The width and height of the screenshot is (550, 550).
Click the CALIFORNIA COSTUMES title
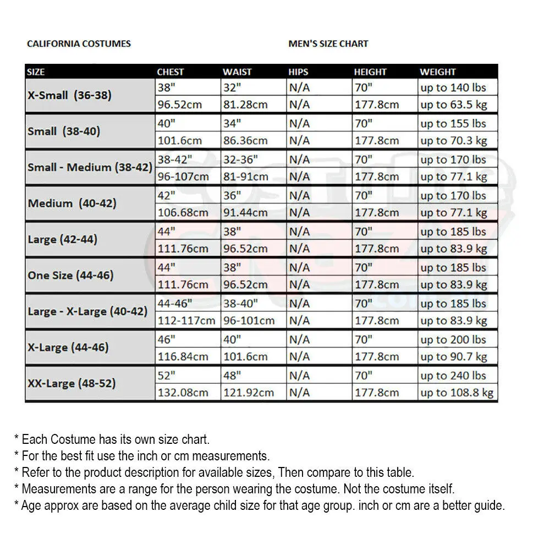(79, 43)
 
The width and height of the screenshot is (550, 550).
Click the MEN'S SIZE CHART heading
(328, 43)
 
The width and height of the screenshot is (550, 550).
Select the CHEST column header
(170, 72)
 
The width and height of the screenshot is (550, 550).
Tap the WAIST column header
(237, 72)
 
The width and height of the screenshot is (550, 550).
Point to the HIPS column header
(299, 72)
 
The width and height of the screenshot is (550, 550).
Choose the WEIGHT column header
(438, 72)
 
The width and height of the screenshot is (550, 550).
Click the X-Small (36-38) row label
(70, 95)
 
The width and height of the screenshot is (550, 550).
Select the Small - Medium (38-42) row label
(90, 167)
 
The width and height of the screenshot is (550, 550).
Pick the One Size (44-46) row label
(71, 276)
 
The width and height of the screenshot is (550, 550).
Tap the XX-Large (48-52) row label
(72, 383)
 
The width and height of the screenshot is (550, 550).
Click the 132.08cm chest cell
(183, 393)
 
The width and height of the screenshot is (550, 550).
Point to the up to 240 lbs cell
(453, 376)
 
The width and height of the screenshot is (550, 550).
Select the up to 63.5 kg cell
(454, 105)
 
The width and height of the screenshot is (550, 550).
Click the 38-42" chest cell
(175, 159)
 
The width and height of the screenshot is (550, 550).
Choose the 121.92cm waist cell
(249, 393)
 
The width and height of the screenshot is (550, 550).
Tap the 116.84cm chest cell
(183, 356)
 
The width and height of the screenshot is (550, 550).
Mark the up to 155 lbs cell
(453, 124)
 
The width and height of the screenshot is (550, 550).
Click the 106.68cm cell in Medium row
(183, 212)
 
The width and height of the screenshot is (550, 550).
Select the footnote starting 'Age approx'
(259, 505)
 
